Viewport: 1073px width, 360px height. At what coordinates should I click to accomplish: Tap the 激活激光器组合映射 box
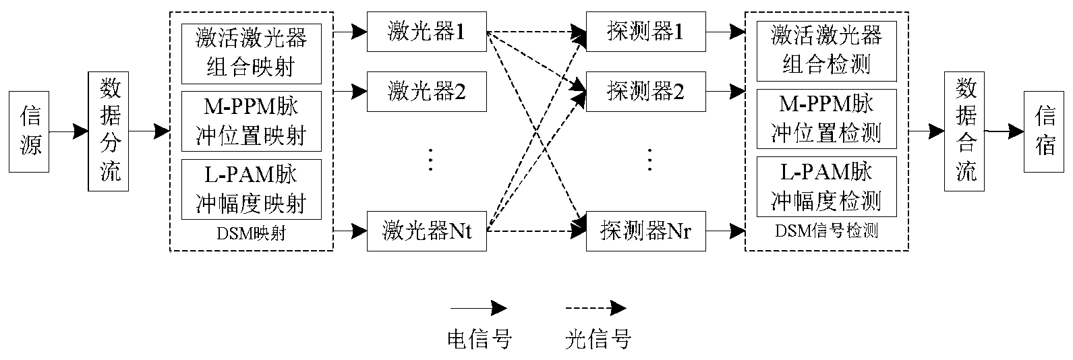pos(251,53)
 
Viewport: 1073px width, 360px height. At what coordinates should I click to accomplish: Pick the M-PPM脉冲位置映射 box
pos(251,121)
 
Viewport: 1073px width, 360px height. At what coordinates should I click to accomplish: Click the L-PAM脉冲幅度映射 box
pos(251,189)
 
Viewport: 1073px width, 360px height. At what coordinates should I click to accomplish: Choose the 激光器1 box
pos(426,32)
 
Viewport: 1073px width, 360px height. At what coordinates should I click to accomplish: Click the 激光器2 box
pos(426,91)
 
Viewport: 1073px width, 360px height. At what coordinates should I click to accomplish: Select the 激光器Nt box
pos(426,231)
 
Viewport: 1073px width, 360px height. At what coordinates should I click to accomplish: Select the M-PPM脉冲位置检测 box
pos(827,119)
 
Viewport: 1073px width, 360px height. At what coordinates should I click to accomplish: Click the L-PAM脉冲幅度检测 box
pos(827,187)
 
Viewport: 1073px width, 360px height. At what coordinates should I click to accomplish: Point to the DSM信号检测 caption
pos(827,231)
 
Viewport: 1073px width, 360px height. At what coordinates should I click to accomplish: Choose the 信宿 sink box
pos(1045,131)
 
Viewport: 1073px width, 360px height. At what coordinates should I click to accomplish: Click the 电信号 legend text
pos(480,338)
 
